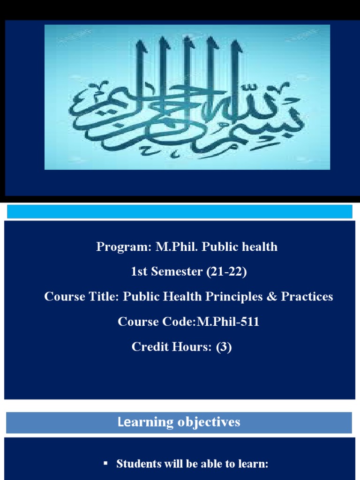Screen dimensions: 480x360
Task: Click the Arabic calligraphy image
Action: (187, 97)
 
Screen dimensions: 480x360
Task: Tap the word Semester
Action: (177, 272)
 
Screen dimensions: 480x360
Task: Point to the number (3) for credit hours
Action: (224, 347)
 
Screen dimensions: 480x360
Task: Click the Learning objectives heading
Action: (179, 422)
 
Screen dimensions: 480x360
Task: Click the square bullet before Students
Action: (105, 463)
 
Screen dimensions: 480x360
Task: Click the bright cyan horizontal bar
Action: (180, 211)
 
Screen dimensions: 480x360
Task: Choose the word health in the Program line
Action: (261, 247)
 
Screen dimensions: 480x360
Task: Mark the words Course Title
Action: (82, 297)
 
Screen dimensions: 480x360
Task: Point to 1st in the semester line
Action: (139, 272)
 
